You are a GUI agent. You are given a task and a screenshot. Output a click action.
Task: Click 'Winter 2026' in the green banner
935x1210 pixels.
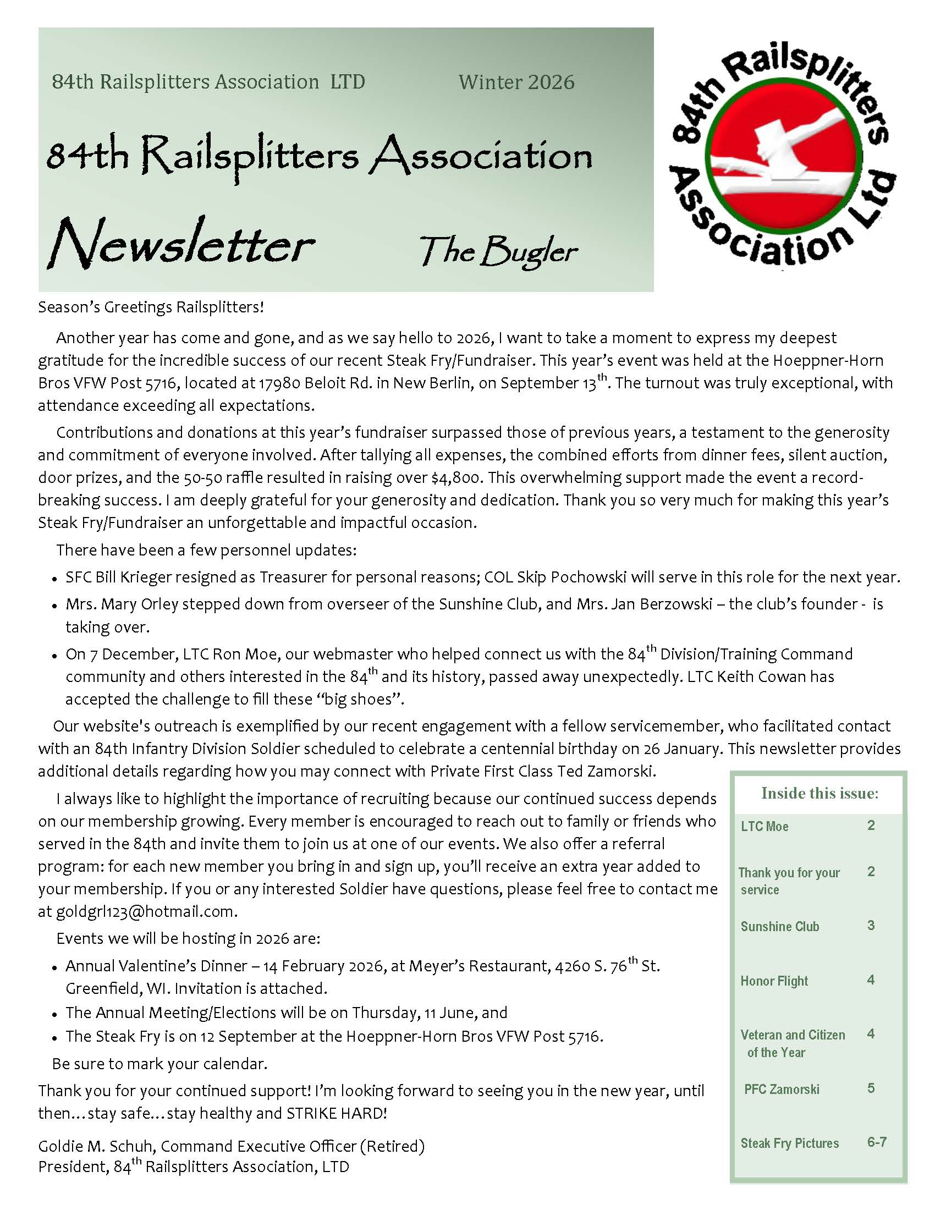coord(516,82)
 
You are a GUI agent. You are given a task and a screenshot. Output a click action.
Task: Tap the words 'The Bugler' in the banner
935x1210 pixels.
coord(498,252)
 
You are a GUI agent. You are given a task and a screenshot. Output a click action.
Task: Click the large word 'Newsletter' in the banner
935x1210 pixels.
coord(182,244)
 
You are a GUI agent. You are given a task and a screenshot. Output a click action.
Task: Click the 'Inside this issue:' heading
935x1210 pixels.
coord(820,793)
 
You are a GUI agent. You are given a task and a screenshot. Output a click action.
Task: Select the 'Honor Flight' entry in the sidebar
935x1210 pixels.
coord(774,981)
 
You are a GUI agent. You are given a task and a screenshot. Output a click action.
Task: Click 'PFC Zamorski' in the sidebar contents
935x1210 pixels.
coord(781,1089)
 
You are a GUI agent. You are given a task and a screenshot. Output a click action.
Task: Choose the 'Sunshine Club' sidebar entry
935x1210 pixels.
coord(779,926)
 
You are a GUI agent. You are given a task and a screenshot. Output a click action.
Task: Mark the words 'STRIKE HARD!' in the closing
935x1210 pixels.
coord(336,1113)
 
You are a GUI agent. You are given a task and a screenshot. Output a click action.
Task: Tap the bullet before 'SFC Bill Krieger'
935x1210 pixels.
coord(54,579)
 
